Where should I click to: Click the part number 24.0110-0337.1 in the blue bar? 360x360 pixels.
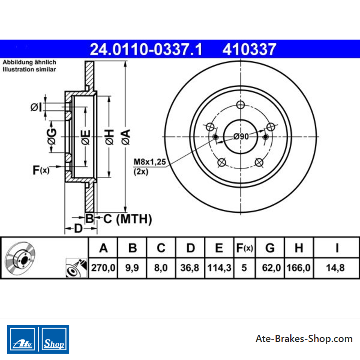click(146, 49)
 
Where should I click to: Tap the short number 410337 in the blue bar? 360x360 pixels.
click(249, 49)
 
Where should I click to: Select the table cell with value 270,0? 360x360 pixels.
click(103, 268)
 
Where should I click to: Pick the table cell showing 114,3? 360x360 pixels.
click(219, 268)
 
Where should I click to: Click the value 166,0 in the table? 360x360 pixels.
click(299, 268)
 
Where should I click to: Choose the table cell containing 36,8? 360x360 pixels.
click(190, 268)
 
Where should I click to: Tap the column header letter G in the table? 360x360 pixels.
click(270, 248)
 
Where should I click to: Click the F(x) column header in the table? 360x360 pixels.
click(244, 248)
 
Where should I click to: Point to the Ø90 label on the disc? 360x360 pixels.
click(241, 137)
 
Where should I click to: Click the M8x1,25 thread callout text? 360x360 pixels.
click(150, 162)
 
